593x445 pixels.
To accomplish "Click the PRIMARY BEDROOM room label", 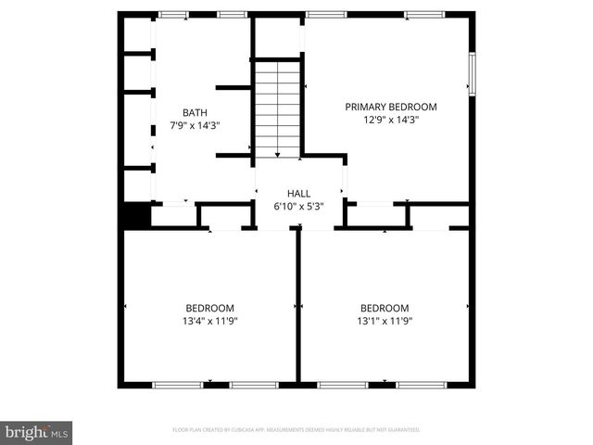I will pyautogui.click(x=390, y=107).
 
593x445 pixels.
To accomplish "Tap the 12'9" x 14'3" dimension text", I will pyautogui.click(x=390, y=120).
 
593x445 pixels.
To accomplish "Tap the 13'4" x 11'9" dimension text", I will pyautogui.click(x=209, y=321).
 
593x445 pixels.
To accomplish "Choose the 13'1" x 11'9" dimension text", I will pyautogui.click(x=384, y=321).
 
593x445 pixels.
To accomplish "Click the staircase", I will pyautogui.click(x=277, y=109).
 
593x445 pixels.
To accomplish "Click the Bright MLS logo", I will pyautogui.click(x=37, y=431).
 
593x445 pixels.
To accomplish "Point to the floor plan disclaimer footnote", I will pyautogui.click(x=296, y=430).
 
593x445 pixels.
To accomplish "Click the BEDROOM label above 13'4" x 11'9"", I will pyautogui.click(x=209, y=308).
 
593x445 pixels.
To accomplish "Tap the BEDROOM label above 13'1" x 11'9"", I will pyautogui.click(x=384, y=308).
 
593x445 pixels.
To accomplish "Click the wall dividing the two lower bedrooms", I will pyautogui.click(x=297, y=306).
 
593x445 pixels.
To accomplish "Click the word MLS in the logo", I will pyautogui.click(x=59, y=433).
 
